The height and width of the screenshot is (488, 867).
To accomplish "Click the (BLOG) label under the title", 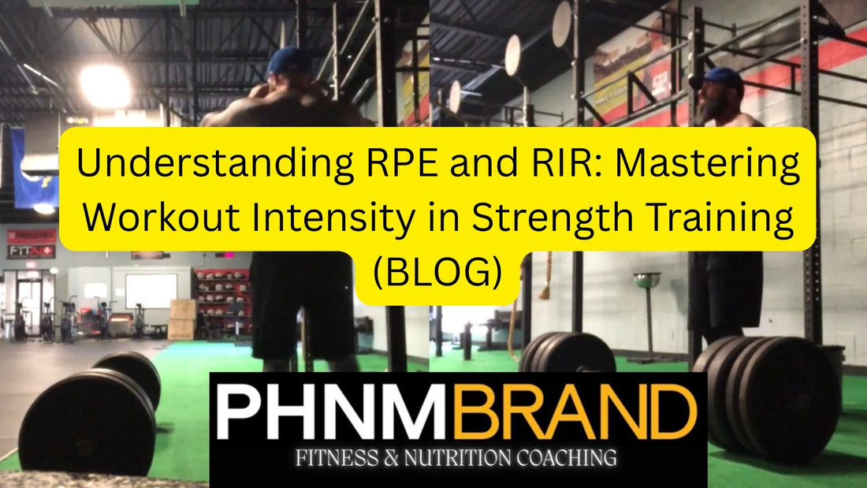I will click(x=437, y=270).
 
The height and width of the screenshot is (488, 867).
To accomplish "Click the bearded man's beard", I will click(x=704, y=110).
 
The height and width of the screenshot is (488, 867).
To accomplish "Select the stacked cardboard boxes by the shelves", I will click(x=182, y=319).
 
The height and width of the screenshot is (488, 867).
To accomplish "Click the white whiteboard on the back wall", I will click(x=151, y=289).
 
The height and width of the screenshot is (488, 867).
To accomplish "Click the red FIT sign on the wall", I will click(x=31, y=251).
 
